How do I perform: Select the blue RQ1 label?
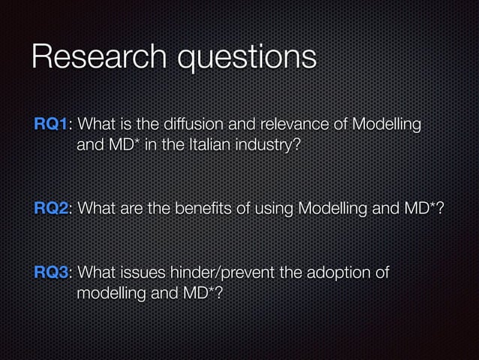click(x=52, y=123)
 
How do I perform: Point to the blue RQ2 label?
click(x=52, y=208)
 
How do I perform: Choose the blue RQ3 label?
click(x=52, y=272)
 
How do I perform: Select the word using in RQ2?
click(x=270, y=208)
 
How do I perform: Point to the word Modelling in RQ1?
click(x=384, y=123)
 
